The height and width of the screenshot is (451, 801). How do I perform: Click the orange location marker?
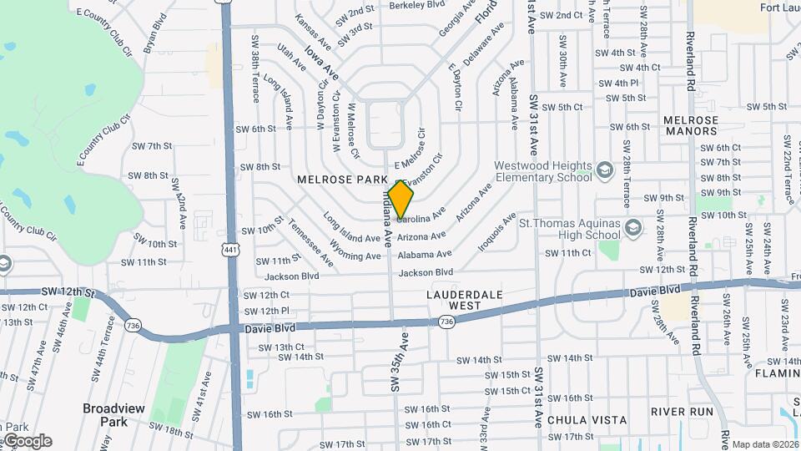click(400, 200)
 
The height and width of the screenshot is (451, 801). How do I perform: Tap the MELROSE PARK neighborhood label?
click(342, 180)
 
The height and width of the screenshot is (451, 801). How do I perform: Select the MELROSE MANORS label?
click(691, 125)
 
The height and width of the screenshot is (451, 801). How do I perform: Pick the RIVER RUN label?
click(682, 412)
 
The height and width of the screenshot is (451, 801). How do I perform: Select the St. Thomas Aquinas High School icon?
click(634, 227)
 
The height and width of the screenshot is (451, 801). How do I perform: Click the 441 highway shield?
click(229, 249)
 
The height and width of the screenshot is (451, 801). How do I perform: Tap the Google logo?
click(28, 440)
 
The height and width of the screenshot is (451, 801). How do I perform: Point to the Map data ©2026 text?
click(765, 444)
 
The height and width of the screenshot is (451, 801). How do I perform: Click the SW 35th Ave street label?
click(398, 362)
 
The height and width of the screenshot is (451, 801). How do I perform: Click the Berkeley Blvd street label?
click(418, 5)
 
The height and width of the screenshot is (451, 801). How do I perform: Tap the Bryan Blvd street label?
click(155, 35)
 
